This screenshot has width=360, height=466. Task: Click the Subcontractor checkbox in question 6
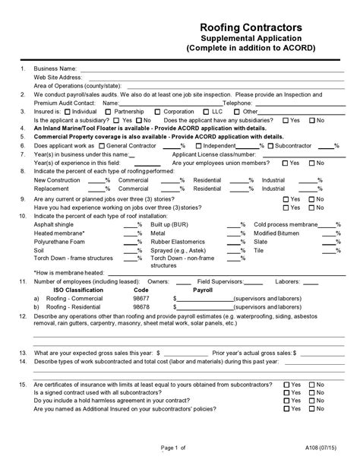271,144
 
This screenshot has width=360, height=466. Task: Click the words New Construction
58,179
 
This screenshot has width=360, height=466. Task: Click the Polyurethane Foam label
61,241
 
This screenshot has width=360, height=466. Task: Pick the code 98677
141,298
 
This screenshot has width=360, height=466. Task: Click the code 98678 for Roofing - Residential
141,306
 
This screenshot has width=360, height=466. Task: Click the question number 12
23,315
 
